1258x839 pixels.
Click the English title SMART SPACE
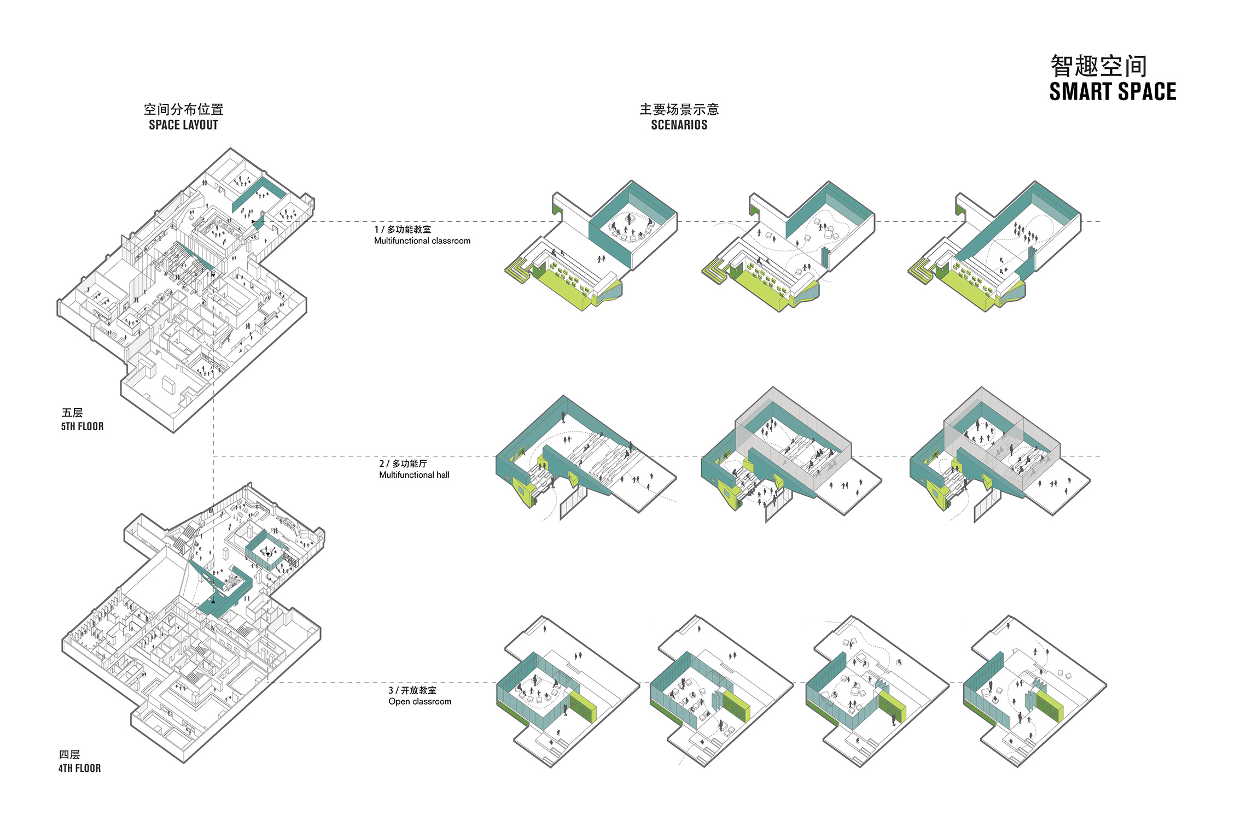[x=1113, y=92]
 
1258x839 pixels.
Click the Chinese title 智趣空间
[x=1098, y=66]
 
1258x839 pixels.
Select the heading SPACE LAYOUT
[x=183, y=125]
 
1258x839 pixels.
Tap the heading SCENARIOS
[x=679, y=125]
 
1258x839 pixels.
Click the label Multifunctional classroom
[x=422, y=241]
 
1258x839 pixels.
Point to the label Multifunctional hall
[x=414, y=475]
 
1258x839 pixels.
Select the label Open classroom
[x=420, y=701]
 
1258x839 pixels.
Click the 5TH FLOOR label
[x=82, y=426]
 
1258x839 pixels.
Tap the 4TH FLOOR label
[x=79, y=768]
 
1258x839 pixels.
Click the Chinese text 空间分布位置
[x=183, y=109]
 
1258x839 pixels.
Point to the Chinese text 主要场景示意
[x=679, y=109]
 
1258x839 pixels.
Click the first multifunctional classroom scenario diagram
[x=591, y=246]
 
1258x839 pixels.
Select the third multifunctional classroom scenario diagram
[x=994, y=247]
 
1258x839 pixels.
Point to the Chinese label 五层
[x=72, y=413]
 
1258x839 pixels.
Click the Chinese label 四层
[x=69, y=754]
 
